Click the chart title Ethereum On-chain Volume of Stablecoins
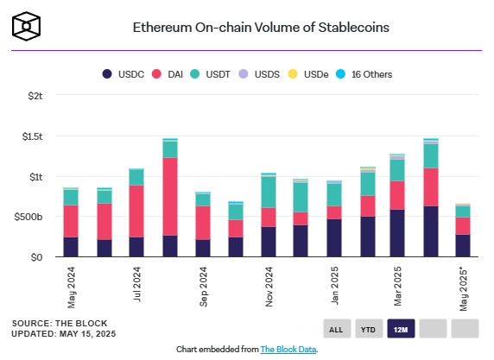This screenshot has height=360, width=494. point(261,28)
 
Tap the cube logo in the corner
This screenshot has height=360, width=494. point(27,27)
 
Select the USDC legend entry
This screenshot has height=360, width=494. point(123,74)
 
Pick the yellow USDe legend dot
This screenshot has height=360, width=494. point(293,74)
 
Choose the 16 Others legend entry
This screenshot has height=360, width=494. point(364,74)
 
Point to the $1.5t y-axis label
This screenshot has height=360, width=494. point(32,136)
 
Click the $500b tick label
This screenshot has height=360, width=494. point(28,217)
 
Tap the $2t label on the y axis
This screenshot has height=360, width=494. point(35,96)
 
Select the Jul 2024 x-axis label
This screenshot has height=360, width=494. point(136,284)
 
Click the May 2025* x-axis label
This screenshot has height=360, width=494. point(464,289)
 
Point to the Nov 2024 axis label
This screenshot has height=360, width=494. point(269,287)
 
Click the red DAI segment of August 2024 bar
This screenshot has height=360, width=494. point(170,197)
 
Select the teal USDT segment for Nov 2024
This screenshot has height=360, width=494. point(269,192)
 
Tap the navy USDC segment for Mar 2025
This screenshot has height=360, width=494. point(397,233)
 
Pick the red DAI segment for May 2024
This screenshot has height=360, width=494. point(71,221)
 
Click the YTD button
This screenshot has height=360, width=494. point(369,329)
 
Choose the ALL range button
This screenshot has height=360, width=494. point(337,329)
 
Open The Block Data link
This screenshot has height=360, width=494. point(288,350)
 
